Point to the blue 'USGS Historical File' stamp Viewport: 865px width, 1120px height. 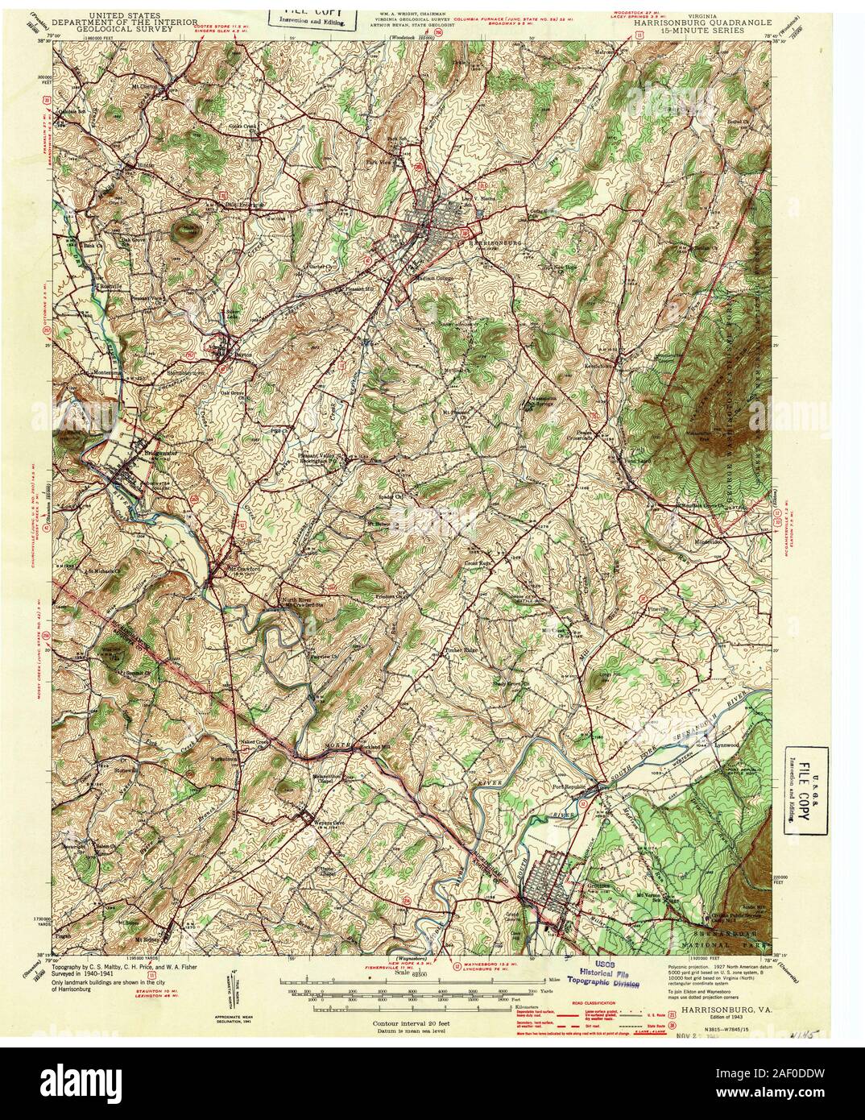coord(611,973)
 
